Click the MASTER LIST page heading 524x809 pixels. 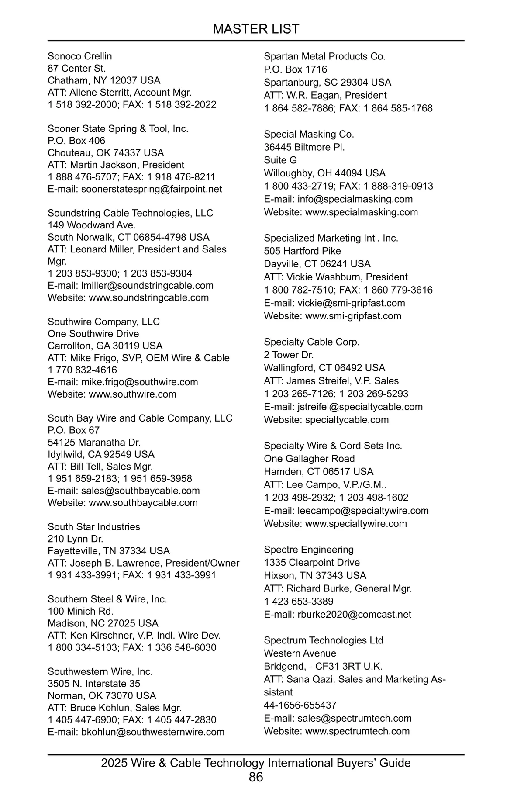[256, 29]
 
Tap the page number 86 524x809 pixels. [256, 777]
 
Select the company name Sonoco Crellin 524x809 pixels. [80, 56]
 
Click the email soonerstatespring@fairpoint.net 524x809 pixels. [152, 189]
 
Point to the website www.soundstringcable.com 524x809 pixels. [148, 297]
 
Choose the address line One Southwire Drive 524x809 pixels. [93, 334]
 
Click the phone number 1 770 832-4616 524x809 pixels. [83, 370]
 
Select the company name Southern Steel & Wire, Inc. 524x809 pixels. [107, 599]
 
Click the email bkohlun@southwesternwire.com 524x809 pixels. [153, 732]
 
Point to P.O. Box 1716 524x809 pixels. [295, 69]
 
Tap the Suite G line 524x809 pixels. [280, 160]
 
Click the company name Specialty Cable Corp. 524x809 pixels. [312, 342]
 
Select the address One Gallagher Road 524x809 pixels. [309, 459]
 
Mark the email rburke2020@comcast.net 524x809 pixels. [354, 615]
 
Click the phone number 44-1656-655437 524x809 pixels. [300, 705]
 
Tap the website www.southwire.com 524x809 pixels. [132, 394]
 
